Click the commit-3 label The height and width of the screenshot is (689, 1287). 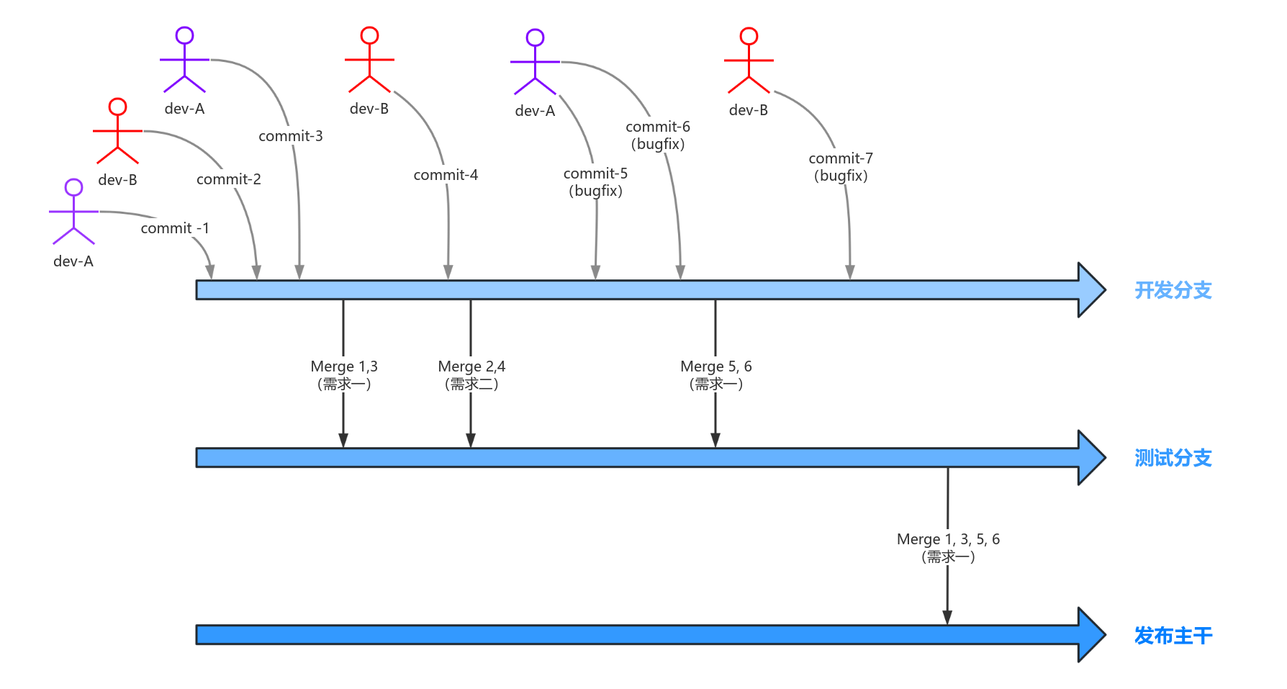click(x=291, y=136)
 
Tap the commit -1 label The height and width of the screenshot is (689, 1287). click(x=175, y=228)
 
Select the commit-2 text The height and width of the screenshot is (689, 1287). click(x=229, y=179)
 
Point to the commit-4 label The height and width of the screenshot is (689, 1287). click(x=446, y=175)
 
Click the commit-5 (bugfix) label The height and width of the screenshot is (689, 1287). click(x=595, y=182)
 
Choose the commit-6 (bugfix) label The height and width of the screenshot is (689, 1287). click(x=658, y=135)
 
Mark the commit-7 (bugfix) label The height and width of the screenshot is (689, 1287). click(x=841, y=167)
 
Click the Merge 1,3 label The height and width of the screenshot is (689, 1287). click(x=344, y=374)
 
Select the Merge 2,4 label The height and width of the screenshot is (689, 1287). click(x=471, y=374)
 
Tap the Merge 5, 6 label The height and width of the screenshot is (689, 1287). click(x=716, y=374)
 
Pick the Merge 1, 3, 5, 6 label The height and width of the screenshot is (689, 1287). click(x=948, y=547)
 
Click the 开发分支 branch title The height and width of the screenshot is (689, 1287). click(x=1173, y=290)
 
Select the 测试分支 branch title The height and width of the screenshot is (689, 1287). click(x=1173, y=458)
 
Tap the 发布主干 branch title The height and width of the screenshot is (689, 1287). click(x=1173, y=636)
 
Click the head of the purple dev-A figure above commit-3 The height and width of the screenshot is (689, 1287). click(x=185, y=35)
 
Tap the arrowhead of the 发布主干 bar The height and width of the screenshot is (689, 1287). click(x=1091, y=635)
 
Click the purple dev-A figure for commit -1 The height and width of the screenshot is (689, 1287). click(x=73, y=212)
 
